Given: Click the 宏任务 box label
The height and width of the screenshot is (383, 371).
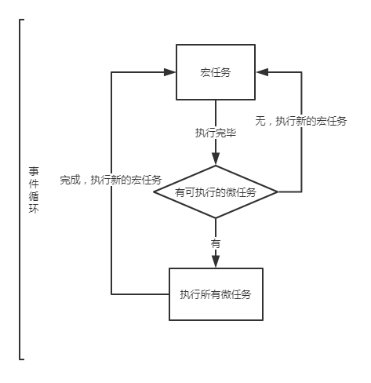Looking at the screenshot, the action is click(216, 72).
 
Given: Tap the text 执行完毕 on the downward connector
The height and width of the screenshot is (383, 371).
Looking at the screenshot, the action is click(216, 133).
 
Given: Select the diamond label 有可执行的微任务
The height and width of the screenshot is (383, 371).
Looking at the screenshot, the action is click(216, 192).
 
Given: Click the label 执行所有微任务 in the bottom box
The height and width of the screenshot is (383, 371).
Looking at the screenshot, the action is click(216, 294).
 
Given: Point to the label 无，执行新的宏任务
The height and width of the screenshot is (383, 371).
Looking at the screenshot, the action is click(301, 121).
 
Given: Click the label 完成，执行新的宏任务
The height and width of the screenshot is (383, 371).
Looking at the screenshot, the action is click(111, 180).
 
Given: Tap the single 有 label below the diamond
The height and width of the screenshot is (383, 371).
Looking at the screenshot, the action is click(216, 243).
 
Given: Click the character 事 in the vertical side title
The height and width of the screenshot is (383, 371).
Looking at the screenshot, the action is click(34, 171).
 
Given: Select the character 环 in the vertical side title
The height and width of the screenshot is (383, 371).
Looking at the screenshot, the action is click(34, 209).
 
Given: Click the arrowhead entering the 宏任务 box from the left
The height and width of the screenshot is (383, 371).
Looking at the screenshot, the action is click(169, 72).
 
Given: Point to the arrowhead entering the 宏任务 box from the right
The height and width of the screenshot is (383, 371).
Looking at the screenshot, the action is click(262, 72).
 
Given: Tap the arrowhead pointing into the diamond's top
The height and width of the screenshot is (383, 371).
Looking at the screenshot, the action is click(216, 159).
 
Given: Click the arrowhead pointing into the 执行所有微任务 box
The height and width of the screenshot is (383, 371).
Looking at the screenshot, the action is click(216, 261).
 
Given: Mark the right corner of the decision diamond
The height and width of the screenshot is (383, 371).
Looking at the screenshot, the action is click(278, 191).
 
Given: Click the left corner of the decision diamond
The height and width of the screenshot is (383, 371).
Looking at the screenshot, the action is click(154, 191).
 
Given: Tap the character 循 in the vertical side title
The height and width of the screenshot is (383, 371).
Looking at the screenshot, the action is click(34, 196).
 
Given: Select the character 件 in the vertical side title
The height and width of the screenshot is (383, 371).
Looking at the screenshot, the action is click(34, 184).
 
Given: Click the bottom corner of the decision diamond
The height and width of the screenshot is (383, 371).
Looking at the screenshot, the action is click(216, 217).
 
